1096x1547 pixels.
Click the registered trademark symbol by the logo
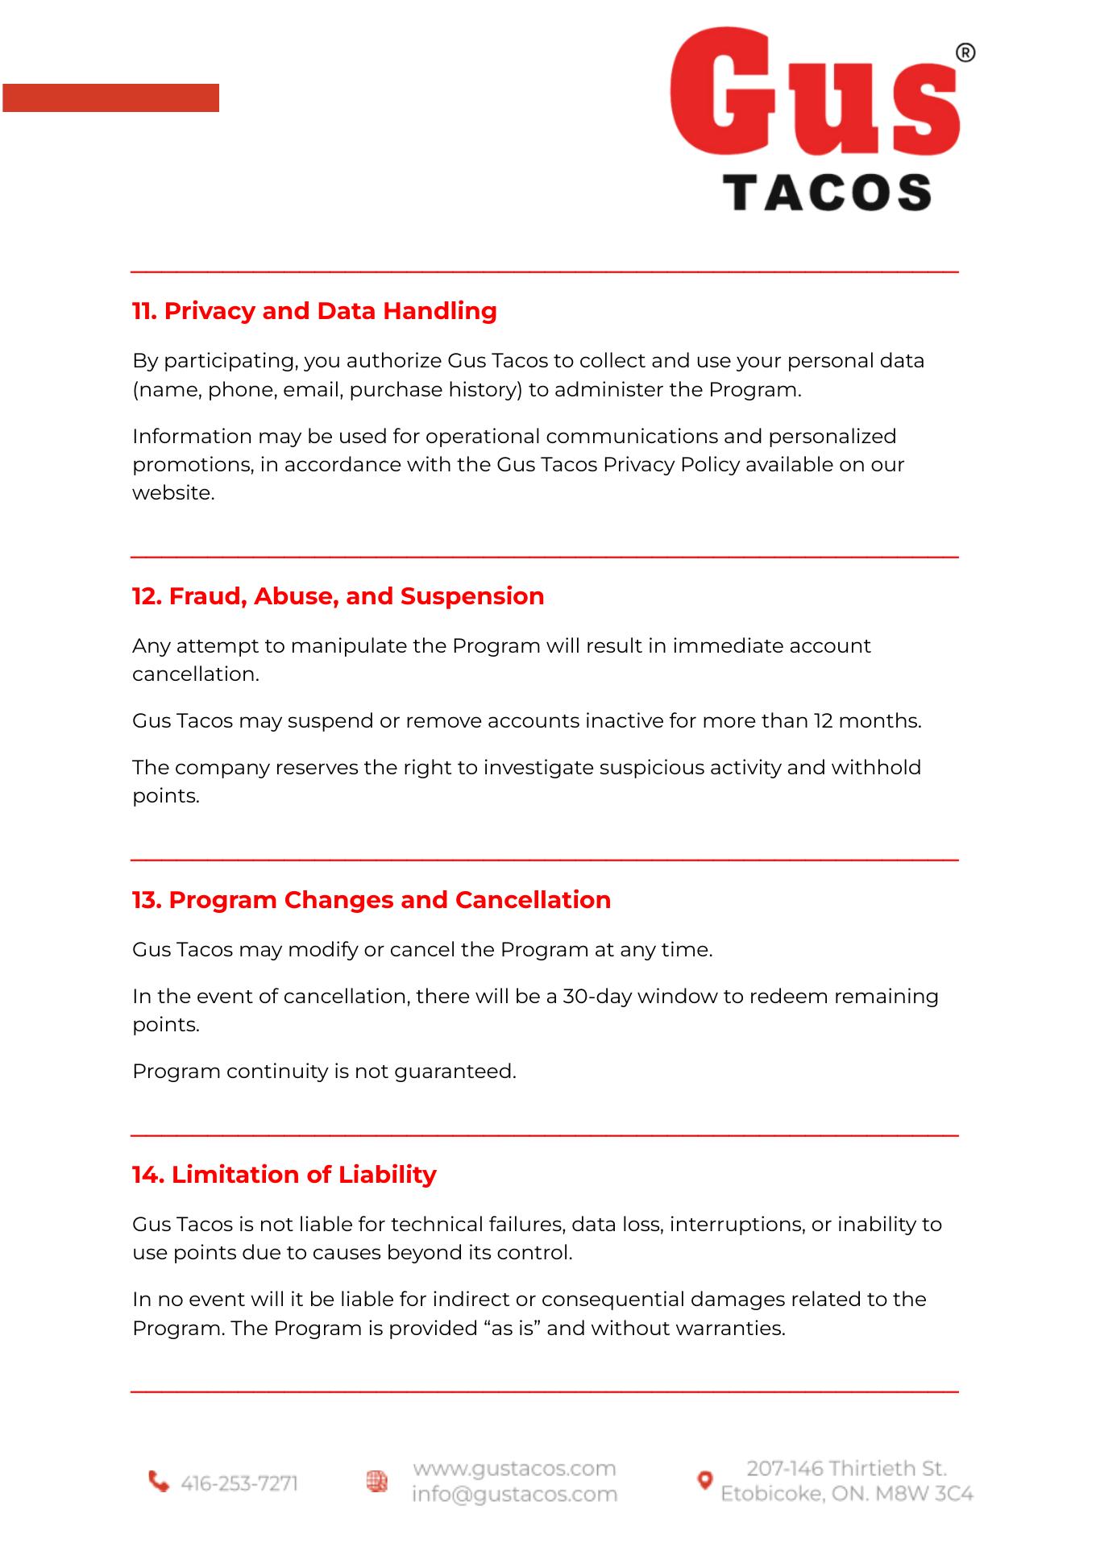pos(965,53)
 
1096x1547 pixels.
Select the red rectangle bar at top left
pos(110,97)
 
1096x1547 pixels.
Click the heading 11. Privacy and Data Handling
pos(314,311)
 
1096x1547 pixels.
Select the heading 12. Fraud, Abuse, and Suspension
pos(338,596)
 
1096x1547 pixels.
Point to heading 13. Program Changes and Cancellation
pos(372,900)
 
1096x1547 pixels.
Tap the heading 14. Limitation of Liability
pos(284,1175)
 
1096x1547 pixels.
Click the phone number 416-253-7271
pos(239,1483)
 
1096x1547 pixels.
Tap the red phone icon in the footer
pos(159,1482)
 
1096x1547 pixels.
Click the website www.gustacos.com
pos(514,1469)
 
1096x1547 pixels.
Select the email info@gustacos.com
pos(514,1495)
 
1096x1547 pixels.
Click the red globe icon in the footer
pos(377,1481)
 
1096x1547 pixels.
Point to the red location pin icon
pos(704,1480)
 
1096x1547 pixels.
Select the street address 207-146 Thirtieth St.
pos(846,1469)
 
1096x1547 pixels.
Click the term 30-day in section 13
pos(597,997)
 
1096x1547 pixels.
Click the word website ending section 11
pos(173,493)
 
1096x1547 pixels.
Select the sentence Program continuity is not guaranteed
pos(324,1072)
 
